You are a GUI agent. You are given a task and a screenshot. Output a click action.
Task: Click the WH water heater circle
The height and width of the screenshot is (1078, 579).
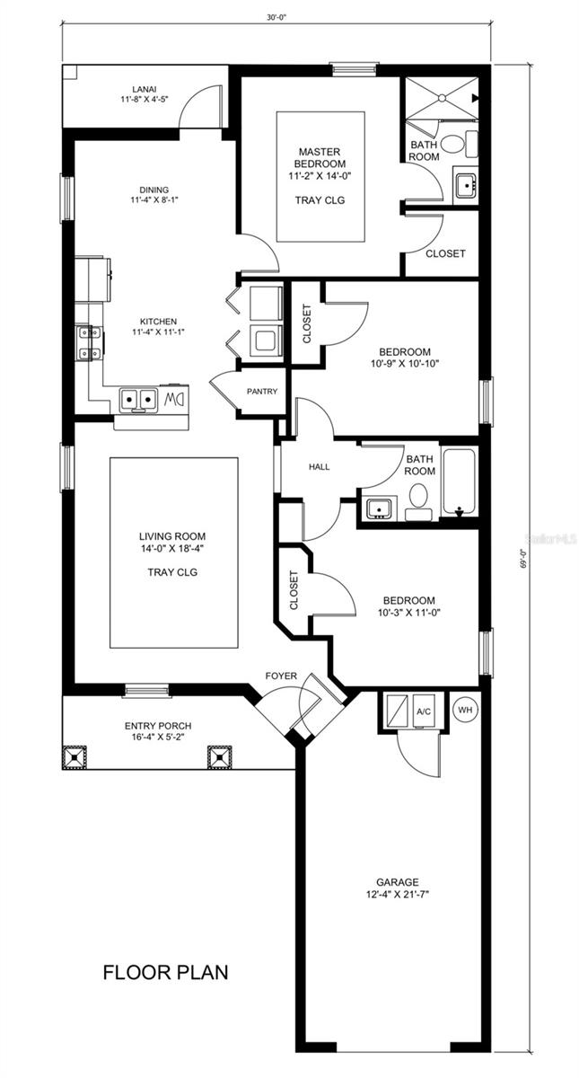click(465, 710)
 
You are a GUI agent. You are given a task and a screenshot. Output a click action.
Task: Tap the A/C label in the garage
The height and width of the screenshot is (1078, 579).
click(424, 711)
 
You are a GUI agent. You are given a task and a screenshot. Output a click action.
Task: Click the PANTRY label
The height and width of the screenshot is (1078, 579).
click(261, 392)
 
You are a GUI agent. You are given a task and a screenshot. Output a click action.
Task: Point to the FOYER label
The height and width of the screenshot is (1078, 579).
click(280, 676)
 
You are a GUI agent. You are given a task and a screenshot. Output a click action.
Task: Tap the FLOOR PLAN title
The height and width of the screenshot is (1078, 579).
click(165, 971)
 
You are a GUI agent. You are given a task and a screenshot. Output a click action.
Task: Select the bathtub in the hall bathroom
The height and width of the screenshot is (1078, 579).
click(461, 482)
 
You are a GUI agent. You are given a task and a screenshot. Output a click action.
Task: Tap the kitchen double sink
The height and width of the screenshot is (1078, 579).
click(138, 397)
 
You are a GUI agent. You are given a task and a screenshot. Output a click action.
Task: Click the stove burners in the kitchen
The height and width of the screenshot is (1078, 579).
click(87, 341)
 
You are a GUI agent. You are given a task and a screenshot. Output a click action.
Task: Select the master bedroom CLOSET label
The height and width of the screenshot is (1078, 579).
click(445, 253)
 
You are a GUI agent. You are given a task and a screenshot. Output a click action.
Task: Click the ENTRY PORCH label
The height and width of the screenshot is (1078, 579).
click(158, 726)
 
